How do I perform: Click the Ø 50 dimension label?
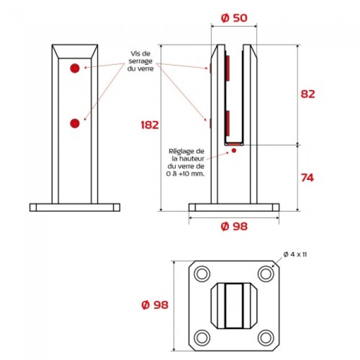coord(234,18)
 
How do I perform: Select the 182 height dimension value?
coord(150,125)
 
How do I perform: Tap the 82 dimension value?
coord(308,94)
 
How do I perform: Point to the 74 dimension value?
coord(307,178)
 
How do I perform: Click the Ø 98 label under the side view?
coord(234,227)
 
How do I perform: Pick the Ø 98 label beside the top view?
coord(155,305)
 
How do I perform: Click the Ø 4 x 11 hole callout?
coord(295,254)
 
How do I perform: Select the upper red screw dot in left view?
coord(75,68)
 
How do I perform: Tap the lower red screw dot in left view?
coord(75,124)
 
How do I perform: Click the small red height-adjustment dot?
coord(234,151)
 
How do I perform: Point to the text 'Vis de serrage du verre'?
coord(141,61)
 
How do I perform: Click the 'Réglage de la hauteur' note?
coord(186,162)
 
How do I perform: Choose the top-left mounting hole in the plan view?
coord(202,274)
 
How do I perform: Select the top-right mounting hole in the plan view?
coord(266,274)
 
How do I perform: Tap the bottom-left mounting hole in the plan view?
coord(202,338)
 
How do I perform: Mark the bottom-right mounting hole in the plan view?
coord(266,338)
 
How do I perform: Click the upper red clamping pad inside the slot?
coord(227,68)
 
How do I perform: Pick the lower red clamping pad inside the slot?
coord(227,124)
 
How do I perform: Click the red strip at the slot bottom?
coord(234,144)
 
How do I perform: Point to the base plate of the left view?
coord(75,207)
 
